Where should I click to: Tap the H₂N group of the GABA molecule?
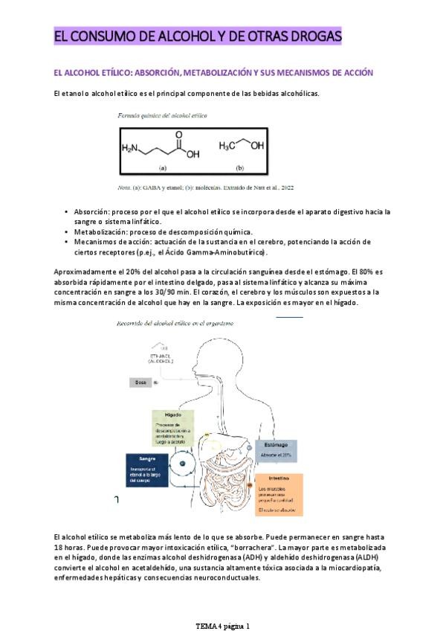click(131, 148)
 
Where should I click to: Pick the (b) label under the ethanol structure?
click(239, 167)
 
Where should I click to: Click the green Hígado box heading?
click(174, 415)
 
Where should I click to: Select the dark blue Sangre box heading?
click(147, 458)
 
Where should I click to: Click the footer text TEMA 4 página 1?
click(222, 625)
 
